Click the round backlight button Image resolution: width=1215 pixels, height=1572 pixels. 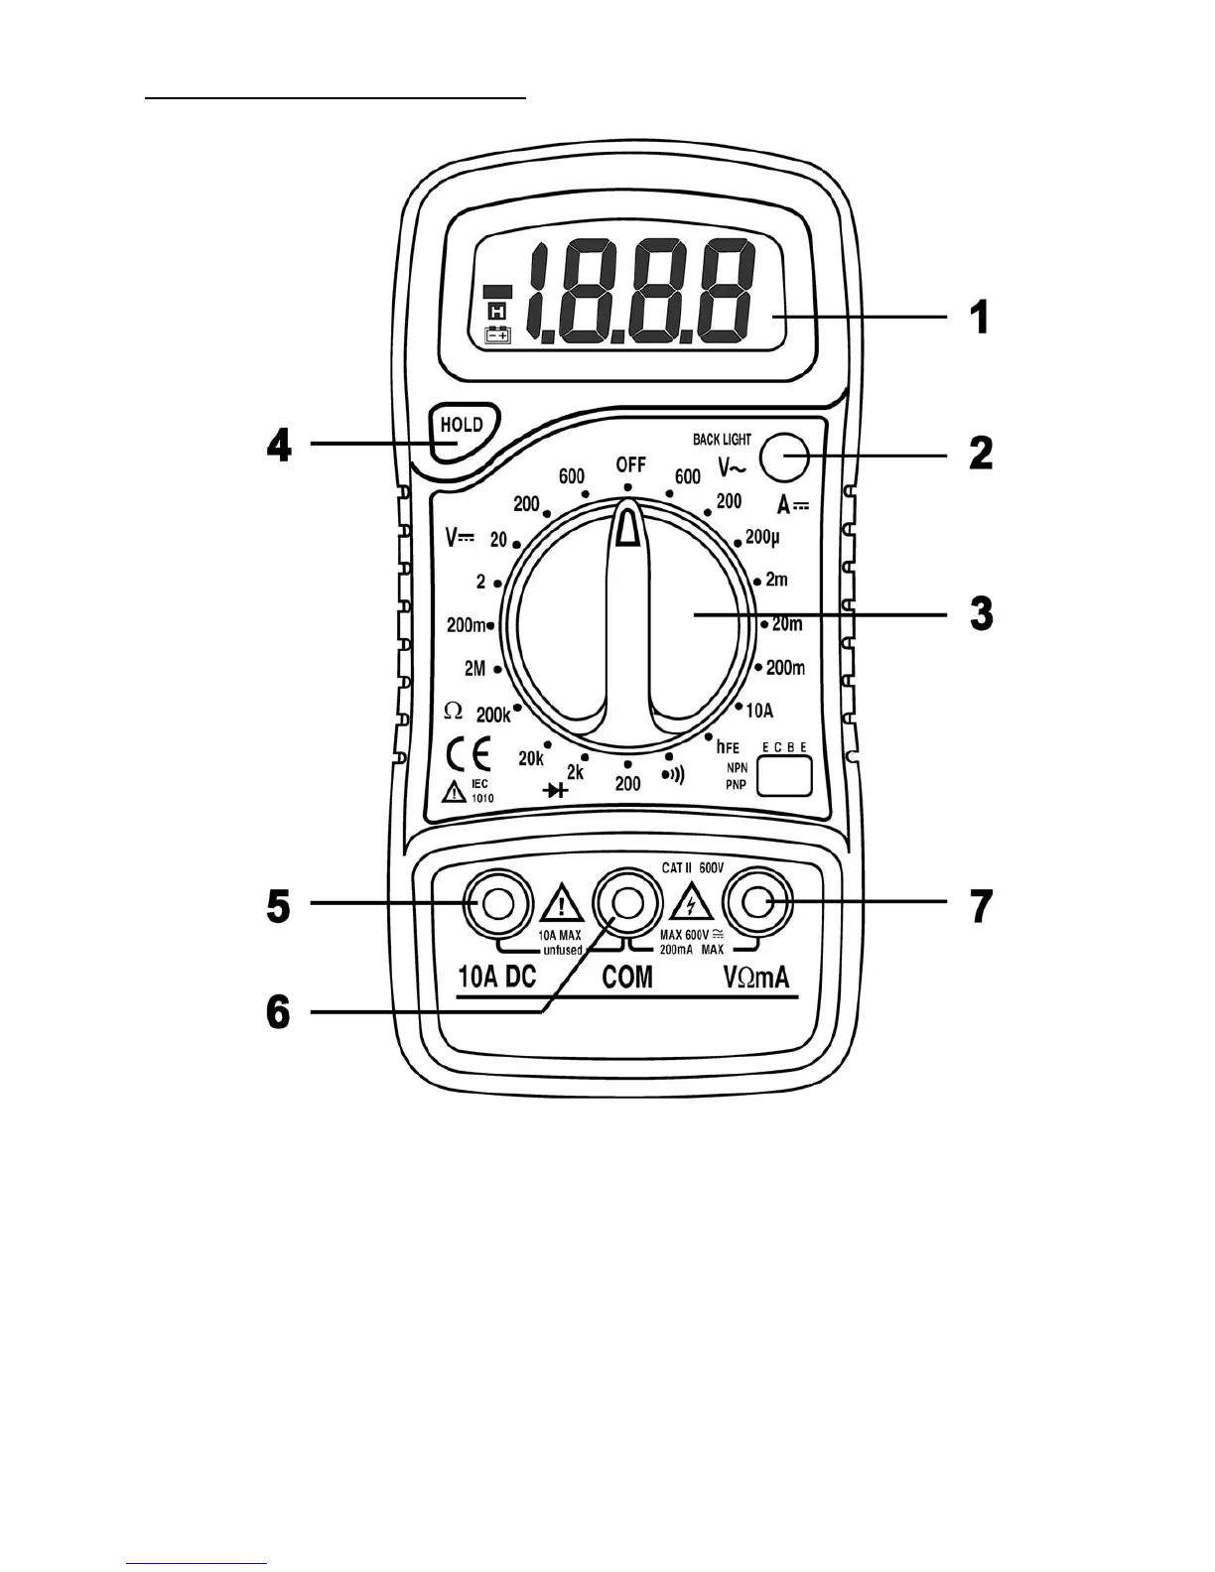coord(783,457)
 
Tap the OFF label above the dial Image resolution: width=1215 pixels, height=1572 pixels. coord(630,464)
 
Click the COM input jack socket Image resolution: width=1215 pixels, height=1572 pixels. coord(625,903)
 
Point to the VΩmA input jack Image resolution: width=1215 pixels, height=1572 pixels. coord(756,903)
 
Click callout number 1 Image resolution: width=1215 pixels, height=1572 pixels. coord(979,319)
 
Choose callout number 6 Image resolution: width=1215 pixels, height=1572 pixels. coord(279,1012)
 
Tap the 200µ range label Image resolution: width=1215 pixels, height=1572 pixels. coord(762,537)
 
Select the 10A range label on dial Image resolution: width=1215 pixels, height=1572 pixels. coord(759,711)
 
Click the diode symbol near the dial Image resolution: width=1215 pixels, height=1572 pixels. coord(555,790)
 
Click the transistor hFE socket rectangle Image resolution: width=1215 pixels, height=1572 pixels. coord(784,776)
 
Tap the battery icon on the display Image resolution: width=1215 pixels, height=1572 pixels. coord(497,335)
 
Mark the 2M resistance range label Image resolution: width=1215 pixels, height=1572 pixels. coord(475,669)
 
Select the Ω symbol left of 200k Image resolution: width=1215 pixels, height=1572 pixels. coord(454,711)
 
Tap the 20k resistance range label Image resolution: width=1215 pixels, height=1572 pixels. coord(531,759)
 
